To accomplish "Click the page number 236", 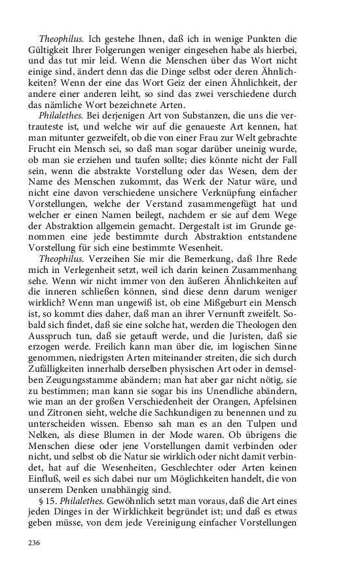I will click(34, 543).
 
